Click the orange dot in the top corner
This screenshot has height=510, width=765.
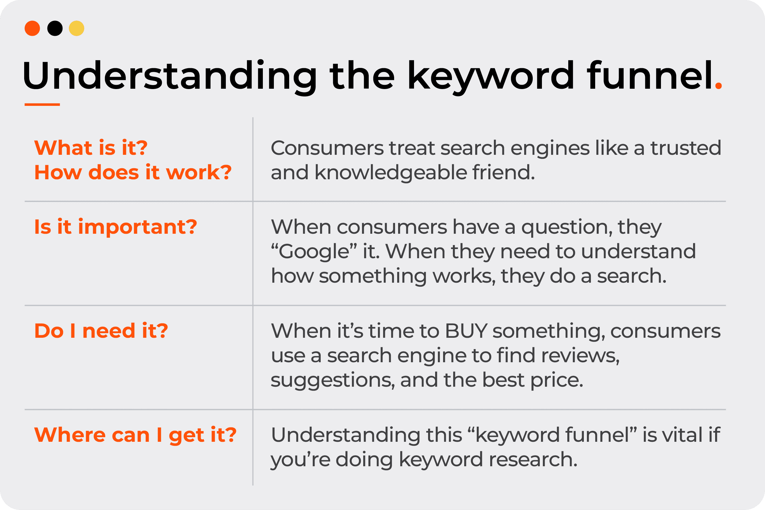click(x=32, y=28)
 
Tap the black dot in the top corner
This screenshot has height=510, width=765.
click(x=55, y=28)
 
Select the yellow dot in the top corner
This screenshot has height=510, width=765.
click(x=76, y=28)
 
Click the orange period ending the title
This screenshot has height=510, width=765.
click(x=718, y=86)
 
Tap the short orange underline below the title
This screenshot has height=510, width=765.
click(x=42, y=104)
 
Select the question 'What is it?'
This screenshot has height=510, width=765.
click(x=91, y=148)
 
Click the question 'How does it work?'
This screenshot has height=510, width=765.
click(x=133, y=172)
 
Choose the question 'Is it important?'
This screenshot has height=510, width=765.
click(x=116, y=227)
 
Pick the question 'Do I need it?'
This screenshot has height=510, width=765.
click(x=101, y=331)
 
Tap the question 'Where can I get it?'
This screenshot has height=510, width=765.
click(x=135, y=435)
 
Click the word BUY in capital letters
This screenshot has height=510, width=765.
click(x=466, y=331)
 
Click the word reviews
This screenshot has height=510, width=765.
click(x=580, y=356)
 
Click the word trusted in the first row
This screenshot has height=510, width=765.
click(x=686, y=148)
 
